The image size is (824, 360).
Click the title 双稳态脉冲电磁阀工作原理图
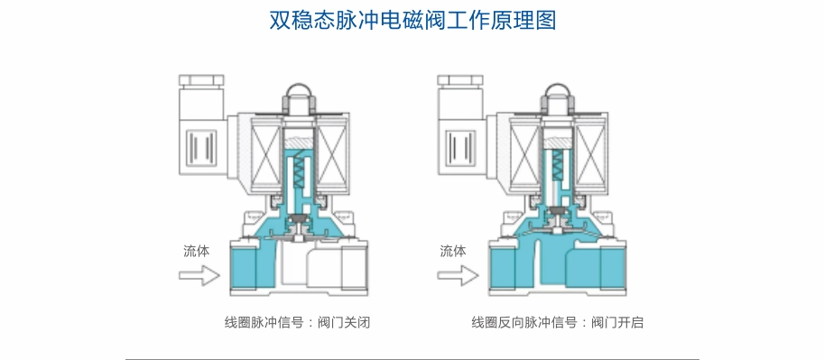[412, 21]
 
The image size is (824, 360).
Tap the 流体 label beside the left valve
[197, 251]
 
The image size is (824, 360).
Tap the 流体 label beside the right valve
[453, 251]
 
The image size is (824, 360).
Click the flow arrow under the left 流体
[199, 275]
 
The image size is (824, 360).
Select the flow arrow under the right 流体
[458, 275]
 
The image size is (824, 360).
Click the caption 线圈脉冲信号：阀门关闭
[298, 322]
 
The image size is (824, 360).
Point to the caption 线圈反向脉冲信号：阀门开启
[557, 322]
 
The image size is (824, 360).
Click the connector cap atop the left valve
[201, 80]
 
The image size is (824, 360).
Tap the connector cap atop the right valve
[459, 80]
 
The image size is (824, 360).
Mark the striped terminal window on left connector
[202, 146]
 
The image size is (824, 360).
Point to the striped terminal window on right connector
[461, 146]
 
